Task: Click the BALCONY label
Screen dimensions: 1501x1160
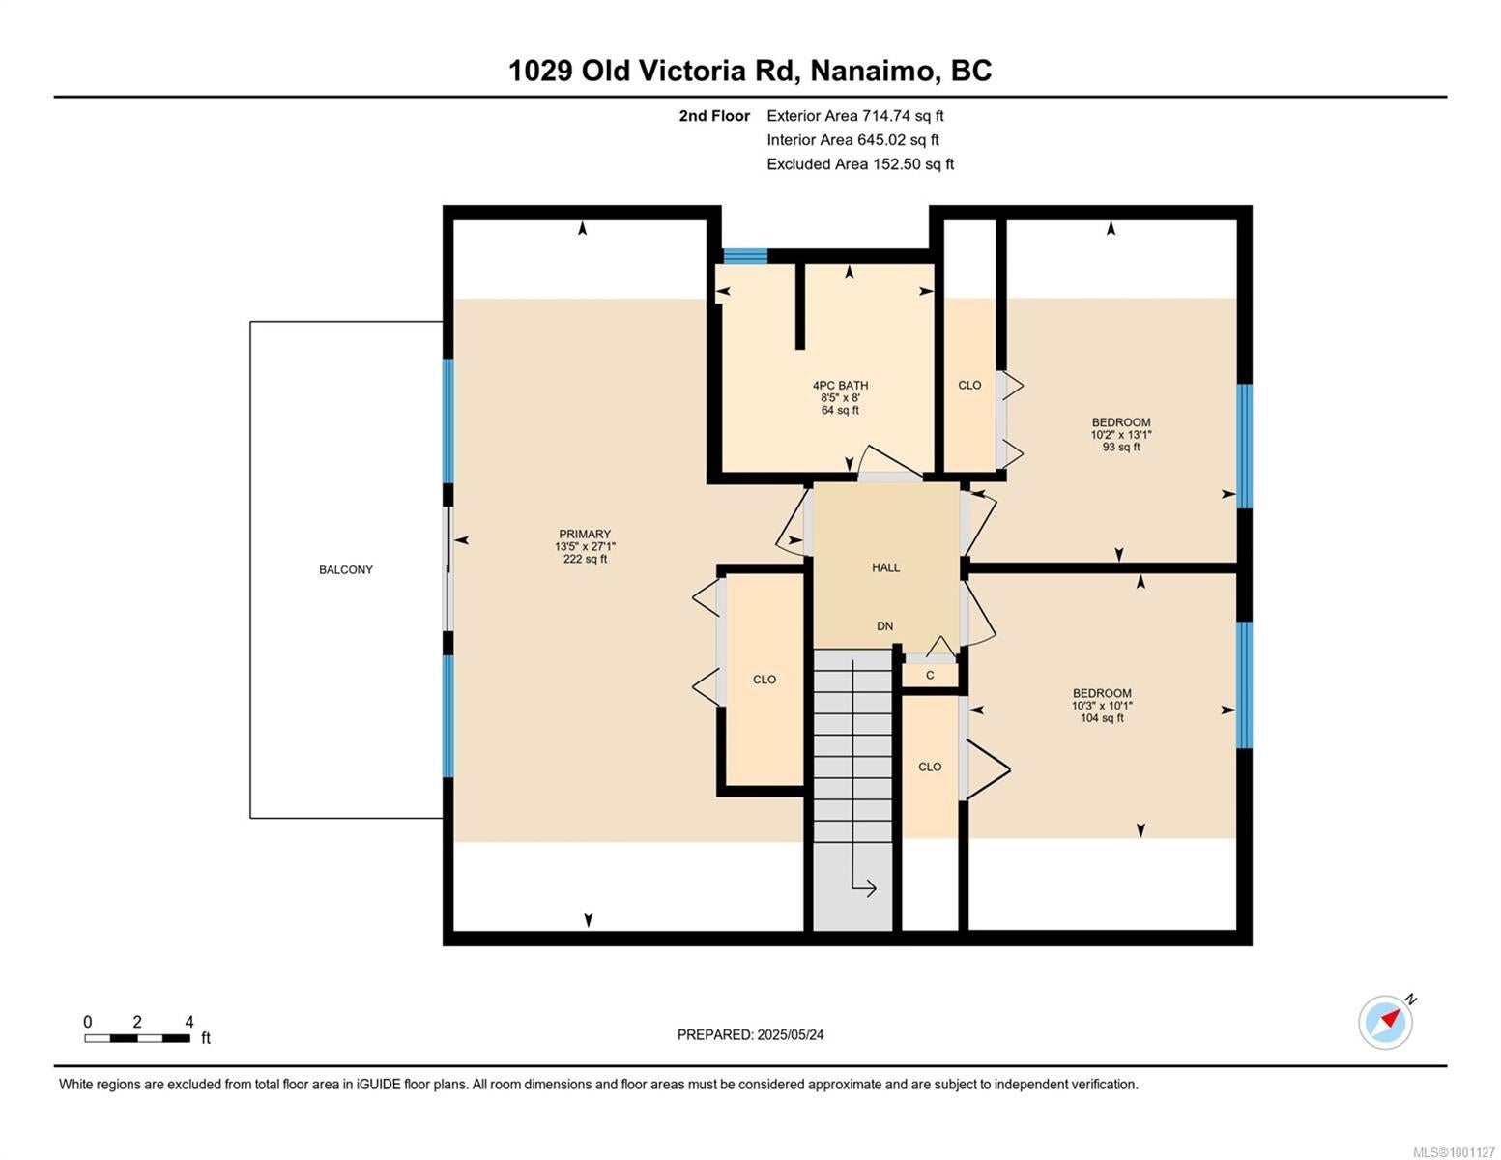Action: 345,569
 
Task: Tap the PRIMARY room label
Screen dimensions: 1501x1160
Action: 585,534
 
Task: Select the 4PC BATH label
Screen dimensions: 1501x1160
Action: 840,385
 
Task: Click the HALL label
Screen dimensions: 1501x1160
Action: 885,567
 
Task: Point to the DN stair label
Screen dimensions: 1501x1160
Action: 885,626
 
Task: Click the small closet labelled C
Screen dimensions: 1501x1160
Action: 930,675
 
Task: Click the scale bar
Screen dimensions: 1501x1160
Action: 137,1038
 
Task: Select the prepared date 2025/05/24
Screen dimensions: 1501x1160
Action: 791,1034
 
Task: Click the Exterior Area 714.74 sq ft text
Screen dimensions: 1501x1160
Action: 855,116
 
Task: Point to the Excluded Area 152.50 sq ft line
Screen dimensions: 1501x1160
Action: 860,164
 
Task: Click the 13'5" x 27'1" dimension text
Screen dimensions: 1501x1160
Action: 585,546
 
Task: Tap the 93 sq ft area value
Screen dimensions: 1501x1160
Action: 1120,447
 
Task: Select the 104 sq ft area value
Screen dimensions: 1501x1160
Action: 1102,718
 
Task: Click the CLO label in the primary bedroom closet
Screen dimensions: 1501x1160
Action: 764,680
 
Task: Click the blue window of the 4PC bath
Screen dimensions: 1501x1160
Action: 745,255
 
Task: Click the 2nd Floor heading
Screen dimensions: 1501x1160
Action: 713,116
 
